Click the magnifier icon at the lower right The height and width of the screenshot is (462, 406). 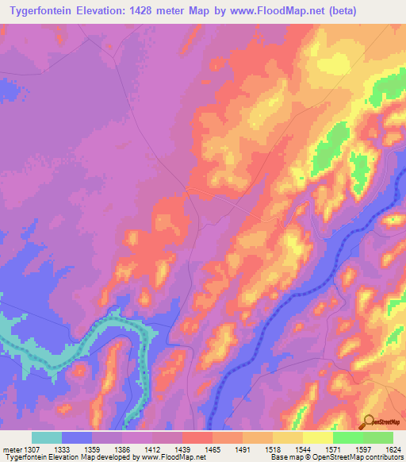[368, 421]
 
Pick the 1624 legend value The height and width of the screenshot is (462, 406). [393, 449]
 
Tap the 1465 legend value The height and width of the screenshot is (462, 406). [213, 449]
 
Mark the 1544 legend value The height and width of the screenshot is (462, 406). [303, 449]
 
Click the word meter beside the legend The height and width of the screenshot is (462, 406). [11, 449]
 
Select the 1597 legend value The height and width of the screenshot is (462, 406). [363, 449]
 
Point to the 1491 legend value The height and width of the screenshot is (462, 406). [243, 449]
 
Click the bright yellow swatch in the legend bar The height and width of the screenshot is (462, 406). [317, 437]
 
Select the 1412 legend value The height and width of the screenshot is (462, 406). [152, 449]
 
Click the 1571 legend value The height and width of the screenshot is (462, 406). [333, 449]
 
